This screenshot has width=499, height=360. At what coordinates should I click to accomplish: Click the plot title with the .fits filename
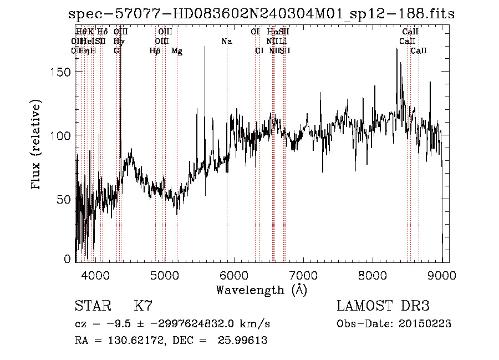[x=250, y=14]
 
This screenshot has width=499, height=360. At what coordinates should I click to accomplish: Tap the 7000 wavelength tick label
[x=303, y=275]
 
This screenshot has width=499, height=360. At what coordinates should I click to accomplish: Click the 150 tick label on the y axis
[x=61, y=72]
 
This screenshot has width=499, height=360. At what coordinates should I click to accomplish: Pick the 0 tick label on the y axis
[x=68, y=259]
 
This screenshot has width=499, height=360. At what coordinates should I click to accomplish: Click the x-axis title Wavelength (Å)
[x=261, y=290]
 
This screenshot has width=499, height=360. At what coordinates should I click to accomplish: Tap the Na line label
[x=226, y=42]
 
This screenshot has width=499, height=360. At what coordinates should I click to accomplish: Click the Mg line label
[x=177, y=51]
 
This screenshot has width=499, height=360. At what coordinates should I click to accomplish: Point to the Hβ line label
[x=155, y=51]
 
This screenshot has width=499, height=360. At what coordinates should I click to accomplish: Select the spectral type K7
[x=143, y=306]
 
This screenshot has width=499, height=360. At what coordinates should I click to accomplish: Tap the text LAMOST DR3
[x=383, y=306]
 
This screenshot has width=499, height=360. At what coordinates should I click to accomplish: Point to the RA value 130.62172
[x=126, y=341]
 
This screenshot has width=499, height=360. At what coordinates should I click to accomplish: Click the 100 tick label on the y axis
[x=61, y=135]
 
